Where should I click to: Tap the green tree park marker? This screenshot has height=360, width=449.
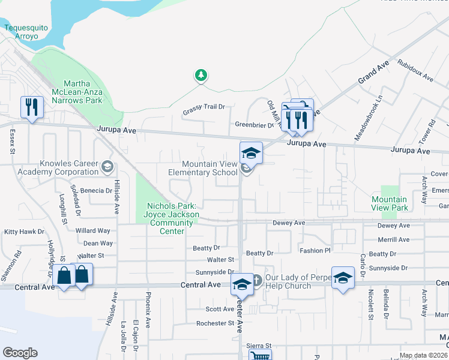tap(201, 76)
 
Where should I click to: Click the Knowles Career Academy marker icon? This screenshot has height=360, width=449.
tap(107, 166)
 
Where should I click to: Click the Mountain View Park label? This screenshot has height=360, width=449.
tap(389, 203)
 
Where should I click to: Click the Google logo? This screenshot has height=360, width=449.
tap(20, 353)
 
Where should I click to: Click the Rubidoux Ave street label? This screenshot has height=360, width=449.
tap(415, 70)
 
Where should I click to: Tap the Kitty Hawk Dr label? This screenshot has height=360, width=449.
tap(24, 231)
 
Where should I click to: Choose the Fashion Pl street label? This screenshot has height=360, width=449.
tap(315, 250)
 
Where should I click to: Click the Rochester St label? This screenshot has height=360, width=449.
tap(214, 323)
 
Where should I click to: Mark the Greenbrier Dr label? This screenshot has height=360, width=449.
tap(254, 125)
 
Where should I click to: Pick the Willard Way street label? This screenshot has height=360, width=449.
tap(92, 230)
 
